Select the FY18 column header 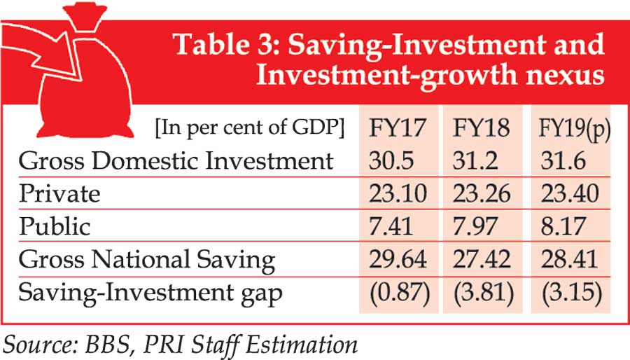pyautogui.click(x=482, y=129)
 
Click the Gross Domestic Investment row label pyautogui.click(x=176, y=161)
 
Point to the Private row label pyautogui.click(x=59, y=193)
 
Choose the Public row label pyautogui.click(x=55, y=226)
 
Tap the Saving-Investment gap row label pyautogui.click(x=150, y=292)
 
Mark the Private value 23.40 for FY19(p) pyautogui.click(x=568, y=193)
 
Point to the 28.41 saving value pyautogui.click(x=568, y=259)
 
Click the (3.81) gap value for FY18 pyautogui.click(x=482, y=292)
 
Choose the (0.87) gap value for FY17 pyautogui.click(x=398, y=292)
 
